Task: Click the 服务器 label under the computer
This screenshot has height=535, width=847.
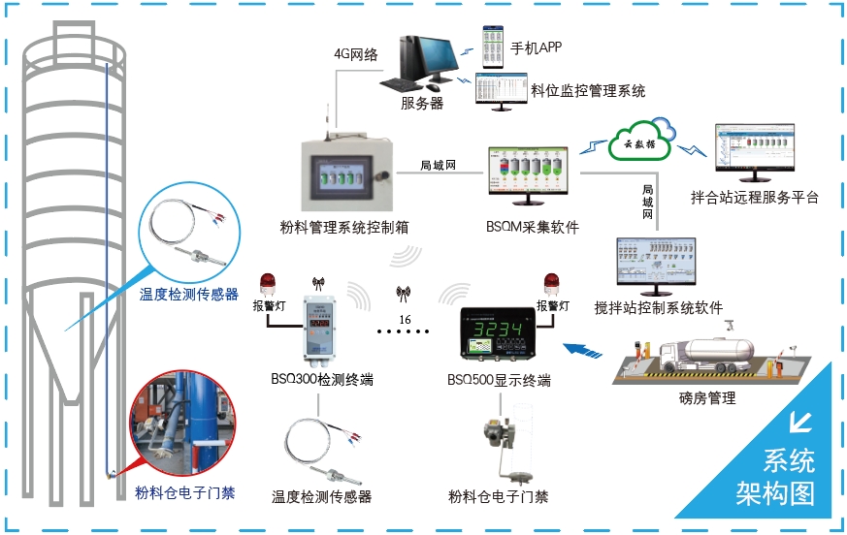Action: coord(422,104)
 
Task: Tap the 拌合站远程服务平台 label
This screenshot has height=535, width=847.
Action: coord(754,198)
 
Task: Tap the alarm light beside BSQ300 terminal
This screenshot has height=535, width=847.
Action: coord(268,285)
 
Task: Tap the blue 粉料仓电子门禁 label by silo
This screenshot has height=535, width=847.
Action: coord(184,491)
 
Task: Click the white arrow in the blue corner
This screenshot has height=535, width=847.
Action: coord(801,423)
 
